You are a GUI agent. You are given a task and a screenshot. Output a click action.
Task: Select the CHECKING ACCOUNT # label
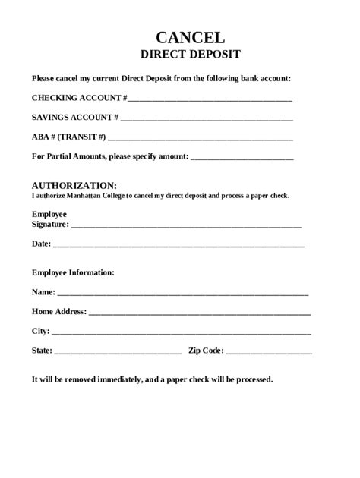pyautogui.click(x=79, y=98)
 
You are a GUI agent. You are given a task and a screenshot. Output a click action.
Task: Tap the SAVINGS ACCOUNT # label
pyautogui.click(x=75, y=118)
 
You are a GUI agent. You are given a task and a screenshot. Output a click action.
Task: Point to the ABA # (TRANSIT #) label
pyautogui.click(x=69, y=137)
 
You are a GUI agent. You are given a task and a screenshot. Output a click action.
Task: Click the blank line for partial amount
pyautogui.click(x=242, y=158)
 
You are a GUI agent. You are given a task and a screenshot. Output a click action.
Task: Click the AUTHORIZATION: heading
pyautogui.click(x=74, y=185)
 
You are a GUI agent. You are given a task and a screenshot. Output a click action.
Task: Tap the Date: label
pyautogui.click(x=41, y=244)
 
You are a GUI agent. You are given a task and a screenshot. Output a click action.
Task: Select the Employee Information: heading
pyautogui.click(x=73, y=272)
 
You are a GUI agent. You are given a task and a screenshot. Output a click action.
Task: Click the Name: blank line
pyautogui.click(x=182, y=293)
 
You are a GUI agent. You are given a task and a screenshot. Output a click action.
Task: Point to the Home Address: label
pyautogui.click(x=59, y=311)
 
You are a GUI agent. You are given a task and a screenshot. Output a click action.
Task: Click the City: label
pyautogui.click(x=40, y=331)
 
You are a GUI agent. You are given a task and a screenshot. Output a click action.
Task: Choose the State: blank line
pyautogui.click(x=118, y=351)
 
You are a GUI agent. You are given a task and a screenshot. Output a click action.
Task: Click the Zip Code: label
pyautogui.click(x=206, y=351)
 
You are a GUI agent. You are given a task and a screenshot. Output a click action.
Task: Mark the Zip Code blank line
pyautogui.click(x=269, y=351)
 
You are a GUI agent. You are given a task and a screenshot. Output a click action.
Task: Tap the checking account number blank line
pyautogui.click(x=210, y=99)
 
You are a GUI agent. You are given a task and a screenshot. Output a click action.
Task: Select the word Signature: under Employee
pyautogui.click(x=50, y=225)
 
